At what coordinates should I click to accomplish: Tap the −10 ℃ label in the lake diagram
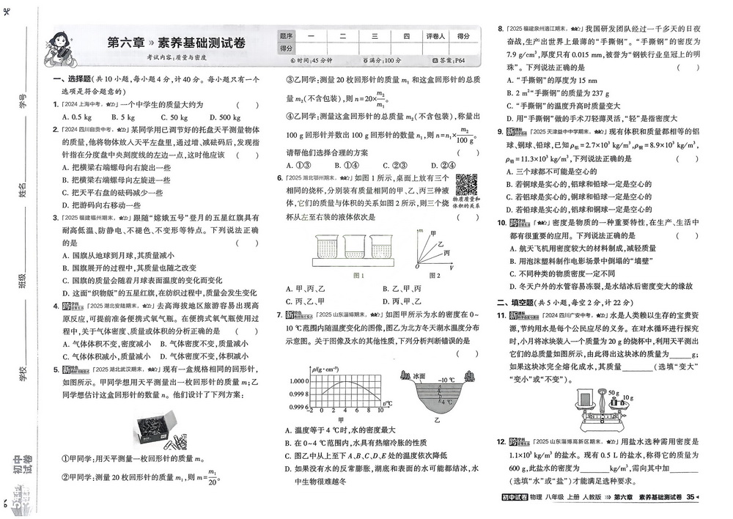[x=447, y=380]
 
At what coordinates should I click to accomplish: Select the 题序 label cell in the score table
[x=286, y=35]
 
